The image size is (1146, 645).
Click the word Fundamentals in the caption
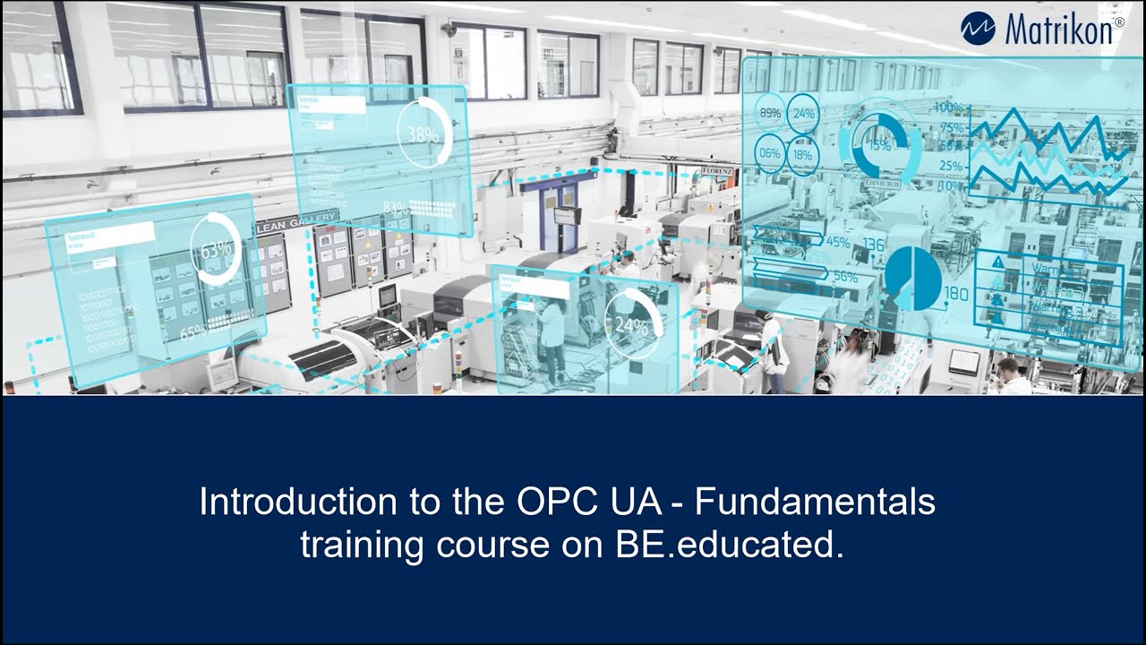[816, 502]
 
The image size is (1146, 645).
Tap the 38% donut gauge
[424, 134]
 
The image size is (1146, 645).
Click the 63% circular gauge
[216, 251]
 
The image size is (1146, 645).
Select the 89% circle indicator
[770, 114]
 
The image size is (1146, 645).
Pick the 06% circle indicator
[770, 153]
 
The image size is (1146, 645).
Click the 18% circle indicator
[803, 154]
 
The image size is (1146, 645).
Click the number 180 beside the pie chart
[956, 294]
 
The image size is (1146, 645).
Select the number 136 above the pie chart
[873, 245]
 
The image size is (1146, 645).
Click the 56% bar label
[844, 277]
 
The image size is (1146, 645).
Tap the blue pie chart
[913, 278]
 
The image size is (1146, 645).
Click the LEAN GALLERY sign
[297, 222]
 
